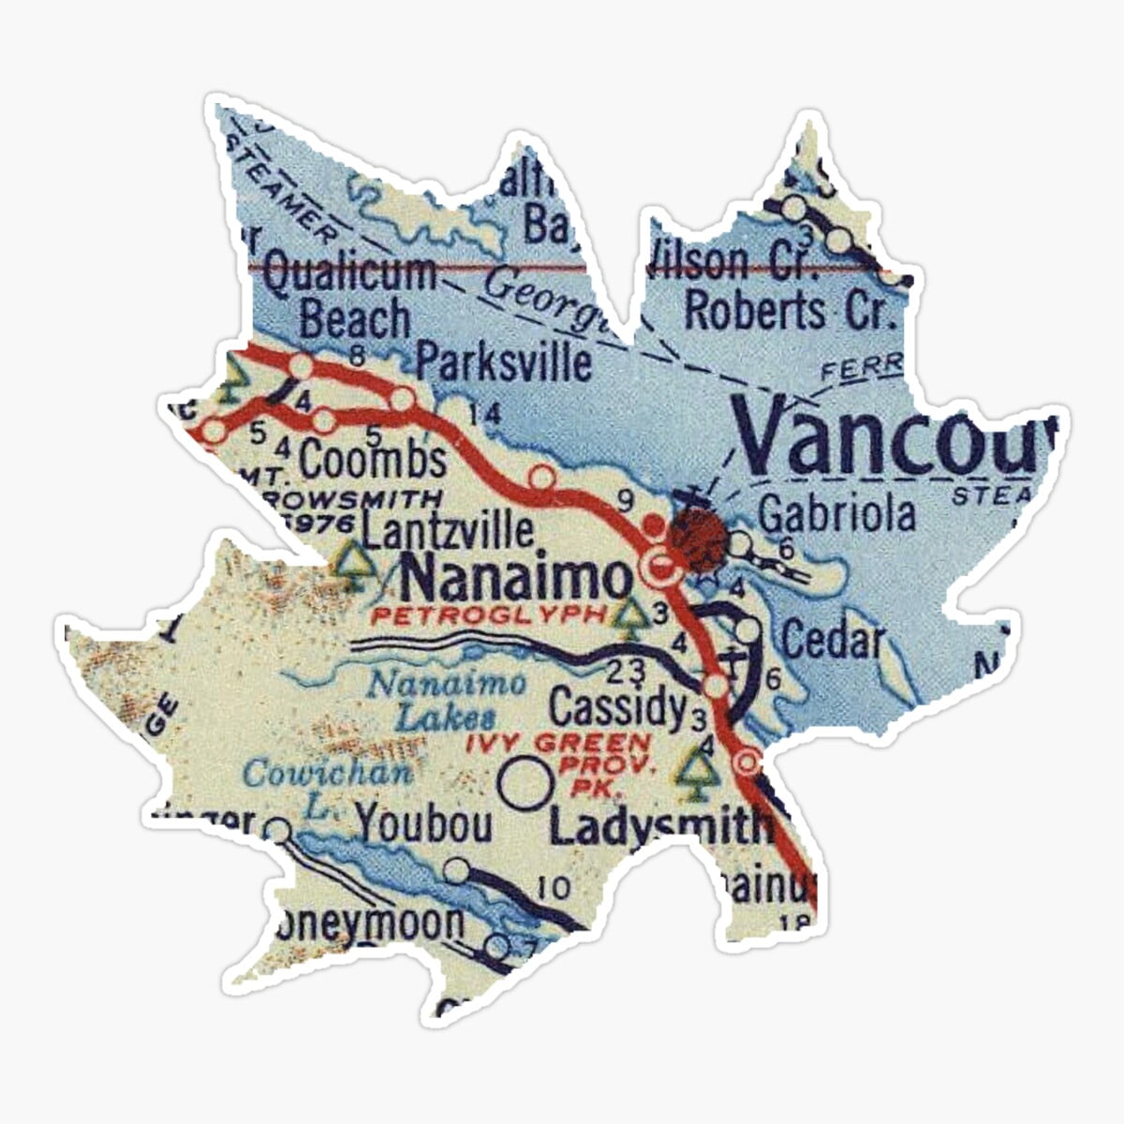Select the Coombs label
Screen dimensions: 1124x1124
[373, 460]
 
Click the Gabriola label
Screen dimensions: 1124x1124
[836, 514]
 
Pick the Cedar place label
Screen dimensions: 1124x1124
[833, 641]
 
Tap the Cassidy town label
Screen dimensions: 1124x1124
[617, 708]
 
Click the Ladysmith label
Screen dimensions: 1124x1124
[661, 826]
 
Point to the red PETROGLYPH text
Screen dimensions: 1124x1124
[489, 615]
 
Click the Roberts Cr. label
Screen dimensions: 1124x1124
[790, 310]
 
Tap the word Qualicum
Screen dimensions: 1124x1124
[348, 274]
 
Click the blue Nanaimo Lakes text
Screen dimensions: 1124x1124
[446, 700]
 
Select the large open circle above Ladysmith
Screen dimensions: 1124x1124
[524, 784]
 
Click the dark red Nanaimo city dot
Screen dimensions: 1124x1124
[697, 541]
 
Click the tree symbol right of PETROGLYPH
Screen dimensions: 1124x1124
[634, 614]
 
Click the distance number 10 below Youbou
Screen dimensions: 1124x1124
[555, 886]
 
